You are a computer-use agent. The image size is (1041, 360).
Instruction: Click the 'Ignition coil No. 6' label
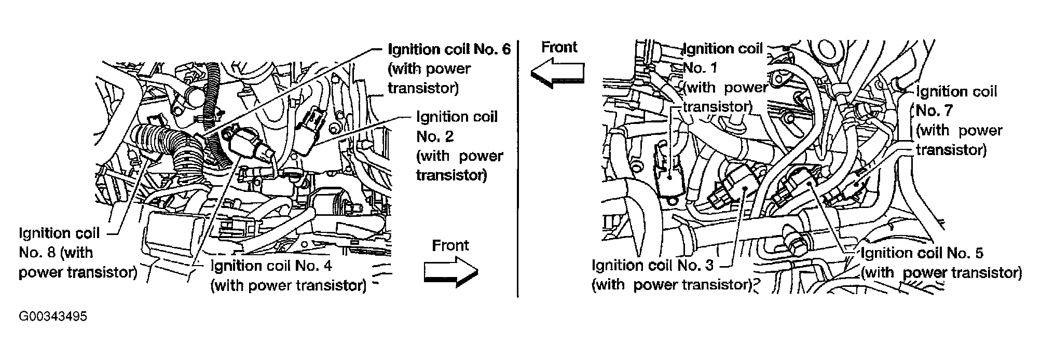click(449, 49)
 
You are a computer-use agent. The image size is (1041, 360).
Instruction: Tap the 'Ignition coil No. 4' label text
click(271, 266)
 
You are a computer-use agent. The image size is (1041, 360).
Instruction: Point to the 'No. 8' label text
click(37, 253)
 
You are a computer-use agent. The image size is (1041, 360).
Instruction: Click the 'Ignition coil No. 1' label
click(723, 49)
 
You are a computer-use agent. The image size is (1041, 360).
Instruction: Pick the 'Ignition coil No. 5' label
click(922, 253)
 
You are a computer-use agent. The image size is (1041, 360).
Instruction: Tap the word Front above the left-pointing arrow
click(559, 47)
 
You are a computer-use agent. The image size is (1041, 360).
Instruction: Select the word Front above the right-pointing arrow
click(450, 245)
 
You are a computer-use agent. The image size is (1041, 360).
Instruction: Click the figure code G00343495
click(52, 316)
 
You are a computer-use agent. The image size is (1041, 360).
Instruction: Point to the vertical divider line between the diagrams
click(518, 171)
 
